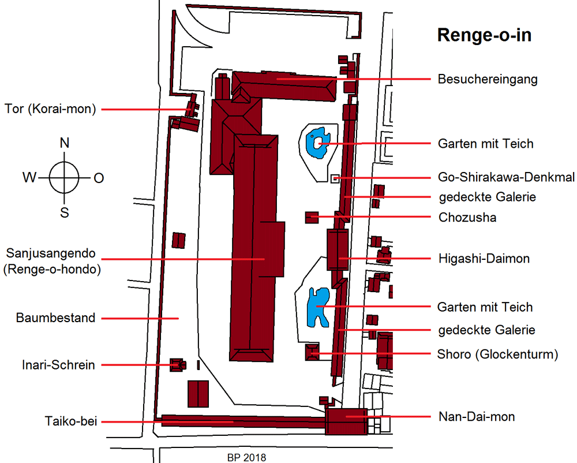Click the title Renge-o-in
point(484,35)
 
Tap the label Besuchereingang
point(487,79)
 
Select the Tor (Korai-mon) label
point(50,109)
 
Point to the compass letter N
point(65,143)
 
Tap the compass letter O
point(99,178)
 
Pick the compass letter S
point(65,213)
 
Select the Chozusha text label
point(467,218)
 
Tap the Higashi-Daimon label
point(483,259)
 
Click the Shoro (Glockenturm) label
point(497,354)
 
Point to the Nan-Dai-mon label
point(476,416)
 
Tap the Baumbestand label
point(55,318)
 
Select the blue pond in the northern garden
point(317,141)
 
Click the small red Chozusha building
point(312,218)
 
